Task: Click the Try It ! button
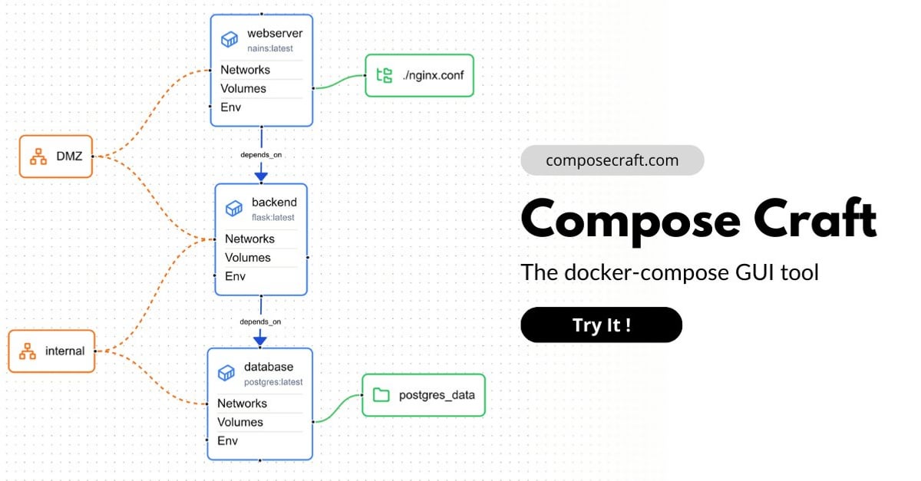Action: [x=601, y=325]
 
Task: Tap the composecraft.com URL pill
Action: [x=612, y=160]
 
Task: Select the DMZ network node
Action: [x=56, y=156]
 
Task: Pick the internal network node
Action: [x=52, y=351]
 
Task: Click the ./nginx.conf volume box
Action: [x=419, y=76]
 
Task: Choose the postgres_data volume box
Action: [x=424, y=395]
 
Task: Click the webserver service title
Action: [x=275, y=33]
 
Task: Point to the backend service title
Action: [x=274, y=203]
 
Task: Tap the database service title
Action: [x=269, y=367]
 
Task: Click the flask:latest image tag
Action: [x=273, y=217]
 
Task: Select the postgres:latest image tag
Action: [x=273, y=382]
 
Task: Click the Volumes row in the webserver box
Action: [x=243, y=88]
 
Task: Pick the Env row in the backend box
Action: [x=235, y=276]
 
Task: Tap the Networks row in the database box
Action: [x=243, y=404]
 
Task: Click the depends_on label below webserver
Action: [x=261, y=154]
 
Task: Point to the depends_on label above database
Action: [x=260, y=321]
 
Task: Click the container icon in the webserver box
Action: [x=229, y=39]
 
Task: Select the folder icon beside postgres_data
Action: [x=381, y=394]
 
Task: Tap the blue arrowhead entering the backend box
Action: [x=261, y=177]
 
